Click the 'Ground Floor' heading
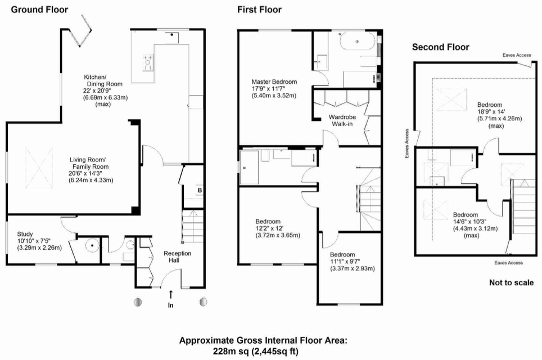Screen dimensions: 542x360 (x=39, y=10)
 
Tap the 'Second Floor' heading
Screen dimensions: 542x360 (x=440, y=47)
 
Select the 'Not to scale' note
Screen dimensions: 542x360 (x=511, y=282)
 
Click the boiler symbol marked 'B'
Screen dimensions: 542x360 (x=200, y=190)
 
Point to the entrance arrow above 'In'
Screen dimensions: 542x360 (x=171, y=294)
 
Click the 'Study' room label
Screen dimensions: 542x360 (x=25, y=234)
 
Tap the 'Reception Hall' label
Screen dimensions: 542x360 (x=177, y=256)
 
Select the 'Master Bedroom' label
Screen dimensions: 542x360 (x=274, y=82)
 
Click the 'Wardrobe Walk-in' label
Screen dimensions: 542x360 (x=342, y=120)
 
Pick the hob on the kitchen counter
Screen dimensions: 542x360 (x=148, y=62)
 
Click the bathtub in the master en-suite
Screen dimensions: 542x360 (x=358, y=42)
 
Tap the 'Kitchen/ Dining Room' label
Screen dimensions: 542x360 (x=103, y=80)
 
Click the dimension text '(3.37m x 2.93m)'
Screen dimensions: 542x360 (x=352, y=268)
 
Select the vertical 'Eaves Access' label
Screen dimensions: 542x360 (x=407, y=143)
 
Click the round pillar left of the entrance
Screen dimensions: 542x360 (x=138, y=302)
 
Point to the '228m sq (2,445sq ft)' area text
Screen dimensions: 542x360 (x=255, y=352)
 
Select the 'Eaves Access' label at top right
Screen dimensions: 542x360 (x=517, y=55)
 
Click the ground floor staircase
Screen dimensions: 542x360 (x=193, y=226)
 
